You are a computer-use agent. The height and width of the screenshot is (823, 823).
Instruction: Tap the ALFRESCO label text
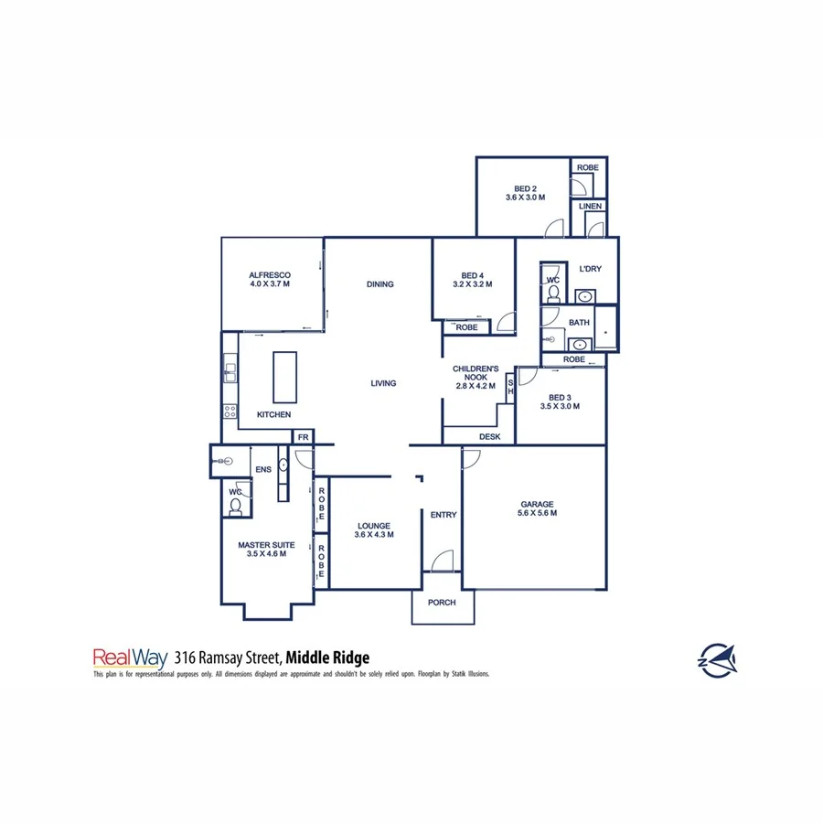click(270, 279)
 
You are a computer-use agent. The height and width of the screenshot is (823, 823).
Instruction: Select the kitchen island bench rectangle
click(285, 376)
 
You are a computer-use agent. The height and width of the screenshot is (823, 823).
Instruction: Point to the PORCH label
click(443, 603)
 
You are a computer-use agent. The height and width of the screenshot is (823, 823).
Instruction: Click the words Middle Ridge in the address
click(327, 657)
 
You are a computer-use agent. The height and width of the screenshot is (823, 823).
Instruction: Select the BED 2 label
click(526, 192)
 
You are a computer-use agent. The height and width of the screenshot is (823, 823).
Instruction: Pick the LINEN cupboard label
click(590, 208)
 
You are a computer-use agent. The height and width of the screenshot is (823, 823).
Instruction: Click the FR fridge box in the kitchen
click(303, 438)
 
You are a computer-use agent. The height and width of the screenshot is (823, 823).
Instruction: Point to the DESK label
click(489, 437)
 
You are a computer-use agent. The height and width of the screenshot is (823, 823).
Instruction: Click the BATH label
click(579, 323)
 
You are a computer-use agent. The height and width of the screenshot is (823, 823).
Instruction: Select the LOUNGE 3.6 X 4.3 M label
click(375, 530)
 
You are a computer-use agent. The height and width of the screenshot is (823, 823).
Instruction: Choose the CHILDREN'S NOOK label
click(476, 377)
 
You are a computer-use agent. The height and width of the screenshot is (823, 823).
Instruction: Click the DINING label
click(379, 284)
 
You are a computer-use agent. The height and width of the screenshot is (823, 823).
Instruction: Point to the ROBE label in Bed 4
click(466, 326)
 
